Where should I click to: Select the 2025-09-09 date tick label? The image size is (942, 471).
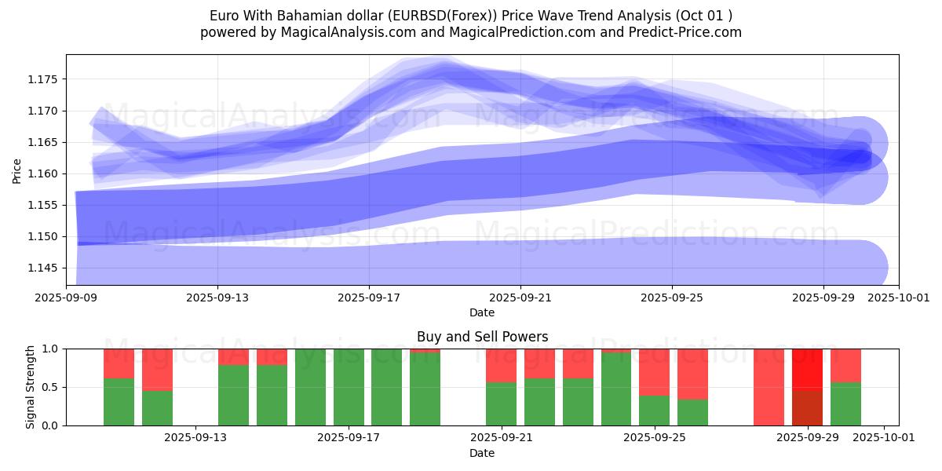tap(66, 298)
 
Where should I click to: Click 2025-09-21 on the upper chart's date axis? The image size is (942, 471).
tap(520, 298)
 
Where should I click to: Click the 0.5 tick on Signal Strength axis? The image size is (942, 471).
tap(50, 387)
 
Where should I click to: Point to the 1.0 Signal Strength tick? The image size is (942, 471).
tap(50, 349)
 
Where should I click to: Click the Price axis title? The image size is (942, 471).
tap(17, 170)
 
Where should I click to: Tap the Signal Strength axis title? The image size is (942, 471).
tap(31, 387)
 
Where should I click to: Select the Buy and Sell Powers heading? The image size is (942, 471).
tap(482, 337)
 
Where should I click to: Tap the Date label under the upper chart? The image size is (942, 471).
tap(482, 312)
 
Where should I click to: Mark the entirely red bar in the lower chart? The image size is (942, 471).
tap(769, 387)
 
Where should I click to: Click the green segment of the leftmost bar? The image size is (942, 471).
tap(119, 402)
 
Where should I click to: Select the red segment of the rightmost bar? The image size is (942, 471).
tap(845, 365)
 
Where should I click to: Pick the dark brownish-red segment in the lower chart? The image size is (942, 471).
tap(807, 407)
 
